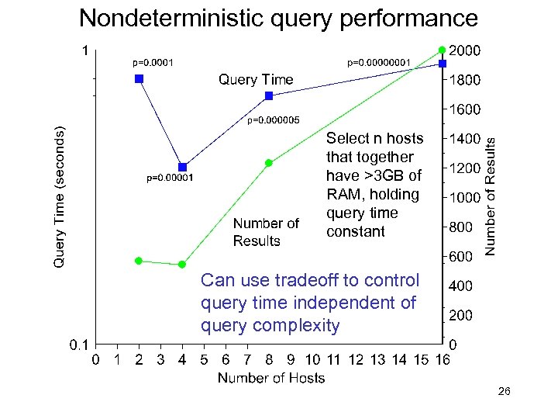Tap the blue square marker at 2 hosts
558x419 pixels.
click(139, 78)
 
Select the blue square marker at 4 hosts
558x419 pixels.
click(182, 167)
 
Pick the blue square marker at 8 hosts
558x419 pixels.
click(269, 95)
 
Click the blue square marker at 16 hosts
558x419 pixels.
click(442, 63)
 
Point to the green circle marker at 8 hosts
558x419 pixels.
click(269, 163)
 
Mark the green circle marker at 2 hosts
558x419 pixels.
click(139, 261)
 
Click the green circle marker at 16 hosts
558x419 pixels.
click(442, 50)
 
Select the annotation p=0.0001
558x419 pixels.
click(153, 62)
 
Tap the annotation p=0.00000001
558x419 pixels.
click(378, 62)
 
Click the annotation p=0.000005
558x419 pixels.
click(272, 120)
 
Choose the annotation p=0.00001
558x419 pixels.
click(170, 178)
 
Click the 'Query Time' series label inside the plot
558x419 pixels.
click(256, 79)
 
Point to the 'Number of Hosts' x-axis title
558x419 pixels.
click(270, 378)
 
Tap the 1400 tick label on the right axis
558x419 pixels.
click(466, 139)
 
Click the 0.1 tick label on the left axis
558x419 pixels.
click(77, 344)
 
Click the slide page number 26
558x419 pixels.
click(504, 394)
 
